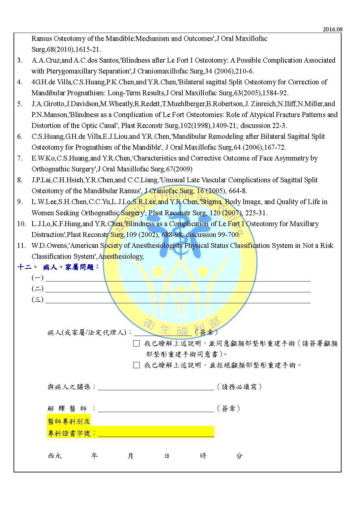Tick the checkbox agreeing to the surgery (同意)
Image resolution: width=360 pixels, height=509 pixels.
(136, 344)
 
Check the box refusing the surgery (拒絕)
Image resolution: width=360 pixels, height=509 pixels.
(136, 365)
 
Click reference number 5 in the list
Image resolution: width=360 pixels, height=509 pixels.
(20, 104)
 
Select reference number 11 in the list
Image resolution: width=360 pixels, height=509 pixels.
(21, 246)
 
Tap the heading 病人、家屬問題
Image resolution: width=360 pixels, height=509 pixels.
(71, 267)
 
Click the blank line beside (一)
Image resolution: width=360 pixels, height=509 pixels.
(178, 279)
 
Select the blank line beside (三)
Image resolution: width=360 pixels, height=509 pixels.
(178, 301)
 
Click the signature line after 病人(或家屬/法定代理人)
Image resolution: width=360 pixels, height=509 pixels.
(163, 334)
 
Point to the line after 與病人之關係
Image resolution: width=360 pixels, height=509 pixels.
(156, 388)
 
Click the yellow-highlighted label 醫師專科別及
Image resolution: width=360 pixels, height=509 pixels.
(69, 421)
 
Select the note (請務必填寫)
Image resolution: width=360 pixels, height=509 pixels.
(240, 387)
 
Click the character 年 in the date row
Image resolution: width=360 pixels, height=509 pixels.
(95, 456)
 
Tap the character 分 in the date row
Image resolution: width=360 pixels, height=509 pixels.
(239, 456)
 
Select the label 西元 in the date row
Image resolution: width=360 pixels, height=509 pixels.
(55, 456)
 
